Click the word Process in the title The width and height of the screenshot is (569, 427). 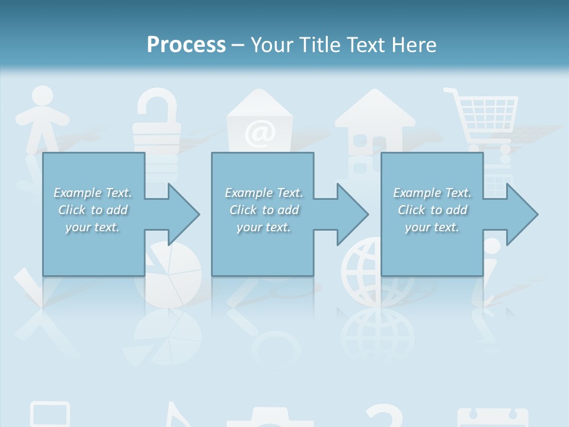(186, 45)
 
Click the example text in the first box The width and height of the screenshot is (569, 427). (93, 210)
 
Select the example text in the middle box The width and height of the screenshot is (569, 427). (264, 210)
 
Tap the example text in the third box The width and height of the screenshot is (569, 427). (432, 210)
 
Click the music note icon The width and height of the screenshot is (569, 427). (178, 415)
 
